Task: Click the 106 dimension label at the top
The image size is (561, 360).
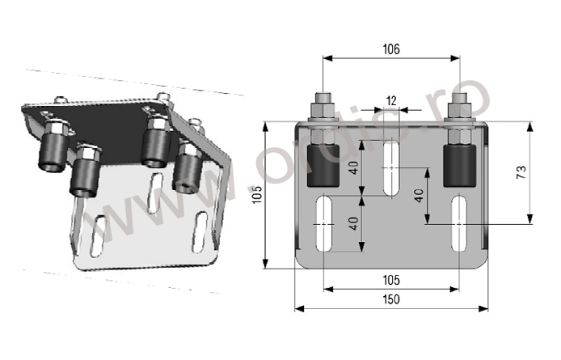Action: (x=391, y=49)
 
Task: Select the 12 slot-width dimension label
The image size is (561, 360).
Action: (x=392, y=100)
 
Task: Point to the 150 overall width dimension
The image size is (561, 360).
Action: (x=391, y=299)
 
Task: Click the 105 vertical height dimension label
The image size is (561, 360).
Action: (x=258, y=195)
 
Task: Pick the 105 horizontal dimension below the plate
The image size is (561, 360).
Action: (x=391, y=280)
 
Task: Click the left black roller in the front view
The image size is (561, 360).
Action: (x=323, y=166)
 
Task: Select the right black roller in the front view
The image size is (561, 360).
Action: (x=459, y=166)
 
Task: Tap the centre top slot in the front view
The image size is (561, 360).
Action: (x=392, y=167)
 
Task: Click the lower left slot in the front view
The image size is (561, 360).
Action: (x=324, y=223)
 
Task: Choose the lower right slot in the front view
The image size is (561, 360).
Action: (x=459, y=223)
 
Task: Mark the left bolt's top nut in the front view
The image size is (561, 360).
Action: (x=324, y=110)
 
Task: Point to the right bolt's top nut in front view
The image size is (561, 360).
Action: (x=460, y=110)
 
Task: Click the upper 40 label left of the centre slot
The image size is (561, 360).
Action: (x=354, y=167)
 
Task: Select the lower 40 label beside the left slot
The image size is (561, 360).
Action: (x=354, y=223)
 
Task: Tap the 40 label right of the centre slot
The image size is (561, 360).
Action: (x=419, y=196)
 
